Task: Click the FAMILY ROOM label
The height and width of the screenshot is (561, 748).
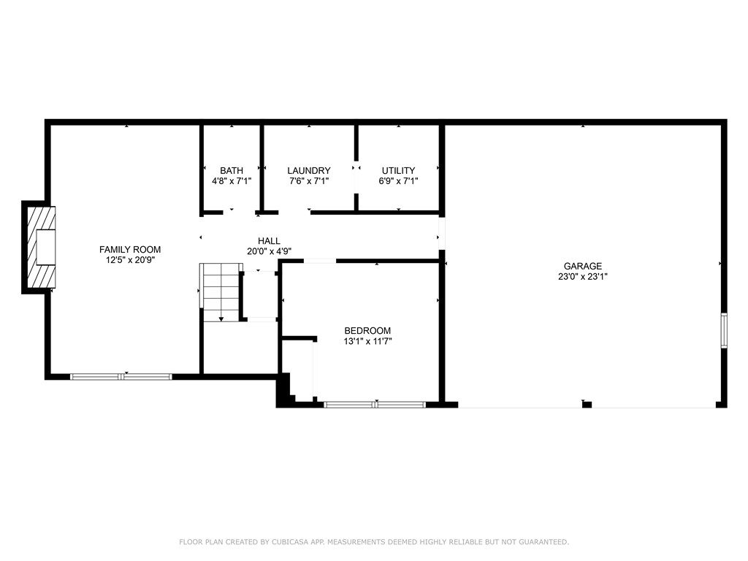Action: [130, 250]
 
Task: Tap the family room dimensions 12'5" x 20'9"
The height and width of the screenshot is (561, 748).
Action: [130, 259]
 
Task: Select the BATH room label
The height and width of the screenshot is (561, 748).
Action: [232, 171]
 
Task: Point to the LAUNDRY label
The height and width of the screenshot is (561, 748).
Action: [308, 171]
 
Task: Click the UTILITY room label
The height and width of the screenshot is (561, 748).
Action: [398, 171]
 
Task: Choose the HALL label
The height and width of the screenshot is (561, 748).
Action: [269, 241]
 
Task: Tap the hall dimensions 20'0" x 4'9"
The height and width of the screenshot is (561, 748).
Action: [269, 251]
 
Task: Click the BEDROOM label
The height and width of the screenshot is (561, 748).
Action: [367, 331]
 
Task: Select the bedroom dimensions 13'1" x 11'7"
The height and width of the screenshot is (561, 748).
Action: [367, 341]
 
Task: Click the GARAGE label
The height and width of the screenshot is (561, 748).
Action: [582, 267]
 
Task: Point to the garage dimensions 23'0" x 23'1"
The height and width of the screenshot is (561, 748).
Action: [582, 277]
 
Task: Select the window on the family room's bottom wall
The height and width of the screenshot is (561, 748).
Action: [121, 377]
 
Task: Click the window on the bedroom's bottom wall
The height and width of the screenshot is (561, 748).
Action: [375, 404]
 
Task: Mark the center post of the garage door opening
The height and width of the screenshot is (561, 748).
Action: [586, 404]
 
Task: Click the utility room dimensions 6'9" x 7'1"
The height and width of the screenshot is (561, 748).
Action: [398, 181]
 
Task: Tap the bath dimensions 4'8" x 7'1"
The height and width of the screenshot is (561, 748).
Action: [232, 181]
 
